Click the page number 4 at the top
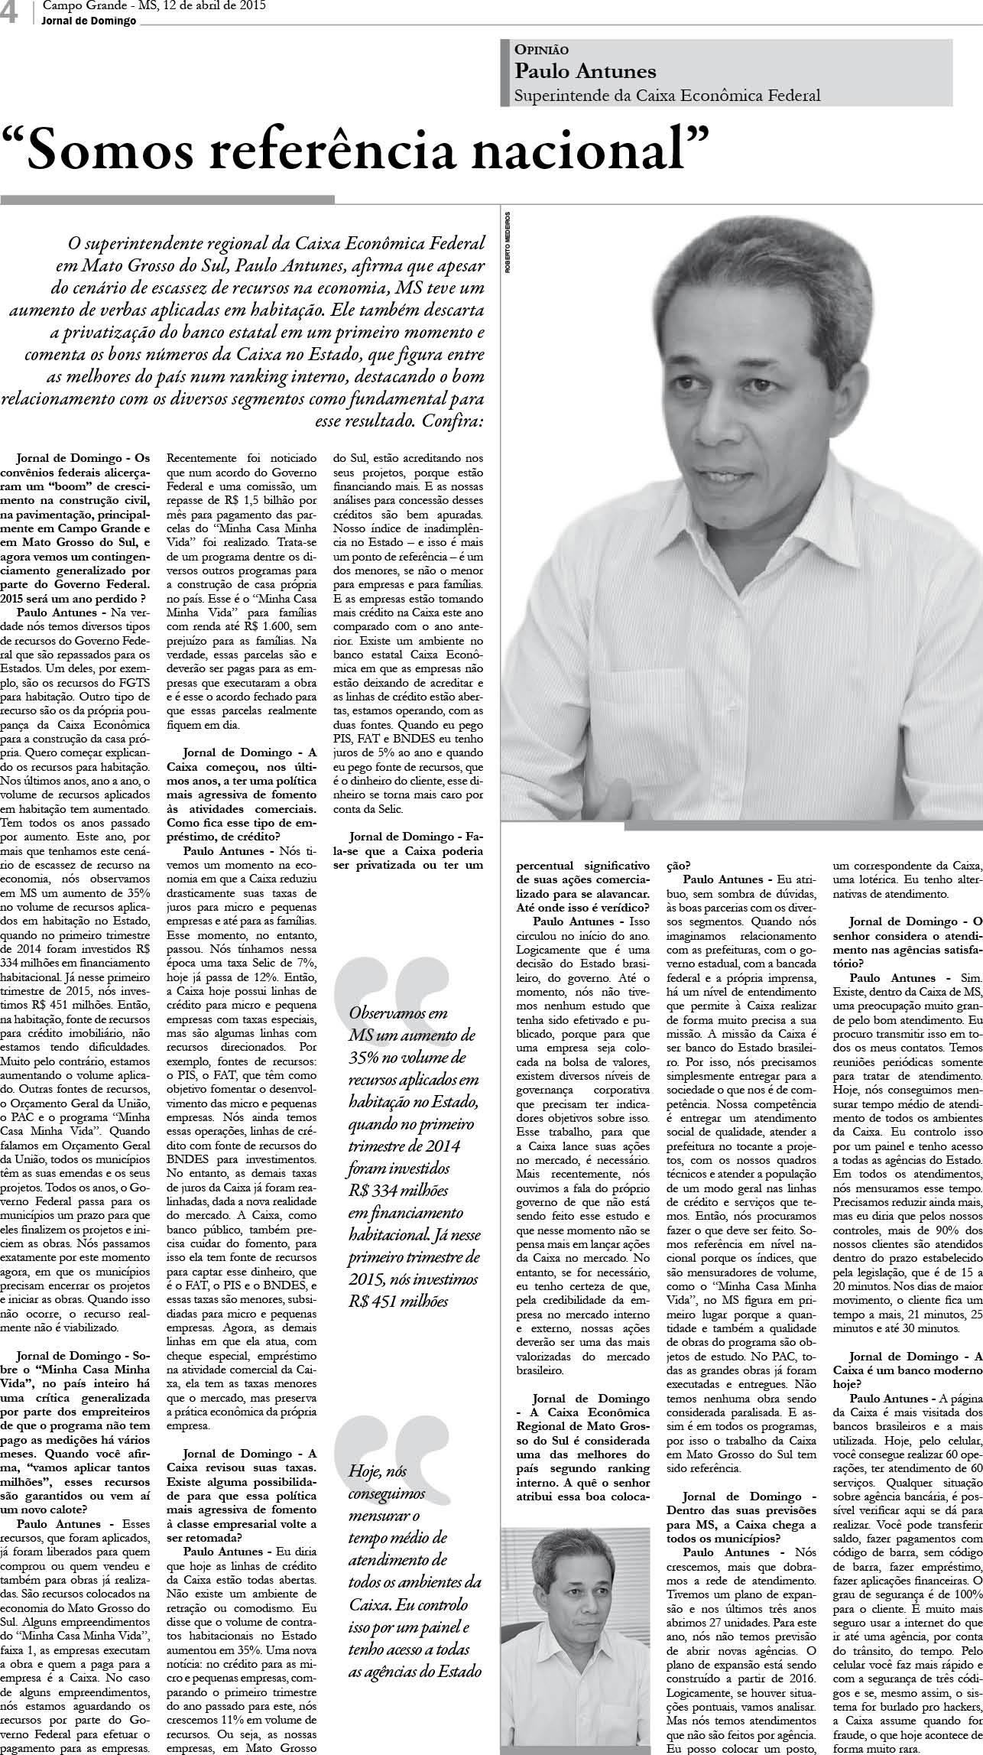11,13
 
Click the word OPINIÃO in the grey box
541,50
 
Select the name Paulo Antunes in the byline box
585,71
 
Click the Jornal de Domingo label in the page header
89,21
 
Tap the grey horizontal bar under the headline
167,200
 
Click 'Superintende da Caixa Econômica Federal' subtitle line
667,96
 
